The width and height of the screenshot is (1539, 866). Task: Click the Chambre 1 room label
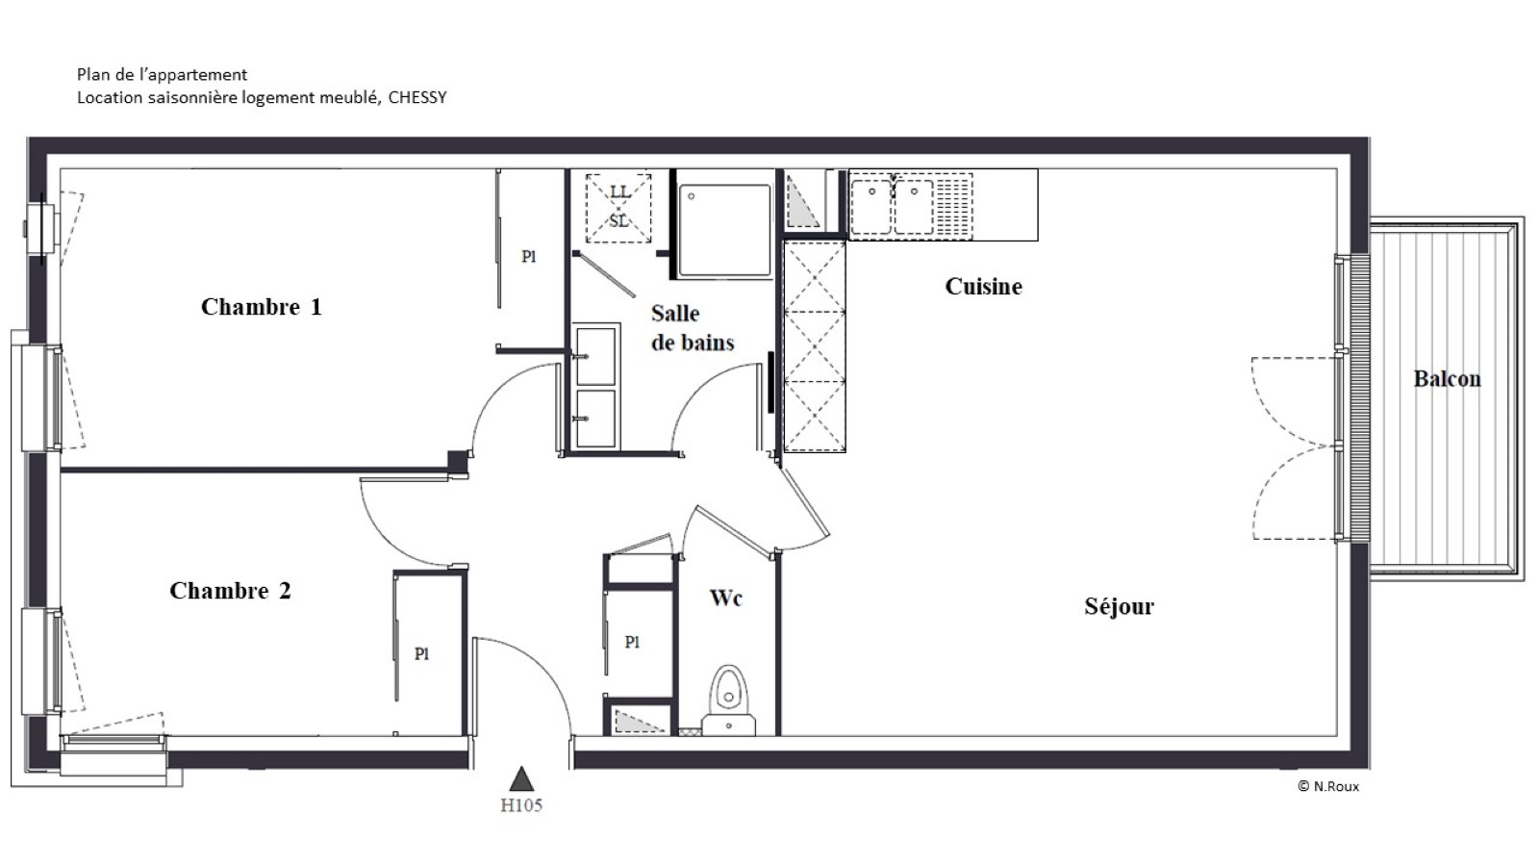coord(261,307)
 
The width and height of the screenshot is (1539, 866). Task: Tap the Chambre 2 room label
coord(230,591)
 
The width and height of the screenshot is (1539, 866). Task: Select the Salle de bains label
coord(693,328)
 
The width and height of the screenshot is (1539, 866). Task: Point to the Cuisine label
coord(983,286)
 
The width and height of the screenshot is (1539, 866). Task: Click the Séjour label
coord(1120,605)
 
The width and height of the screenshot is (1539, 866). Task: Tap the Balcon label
coord(1447,379)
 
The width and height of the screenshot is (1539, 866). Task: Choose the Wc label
coord(726,598)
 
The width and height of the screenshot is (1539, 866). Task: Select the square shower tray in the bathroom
coord(724,230)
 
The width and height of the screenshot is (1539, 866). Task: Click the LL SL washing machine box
coord(618,208)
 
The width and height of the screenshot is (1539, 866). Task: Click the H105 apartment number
coord(521,804)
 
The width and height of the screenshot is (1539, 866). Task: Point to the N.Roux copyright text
coord(1328,786)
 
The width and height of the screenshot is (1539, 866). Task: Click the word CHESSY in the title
coord(417,97)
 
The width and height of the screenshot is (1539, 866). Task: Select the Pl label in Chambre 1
coord(528,256)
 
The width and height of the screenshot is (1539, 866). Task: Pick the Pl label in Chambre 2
coord(422,653)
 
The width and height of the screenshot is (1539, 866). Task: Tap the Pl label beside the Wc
coord(632,642)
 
